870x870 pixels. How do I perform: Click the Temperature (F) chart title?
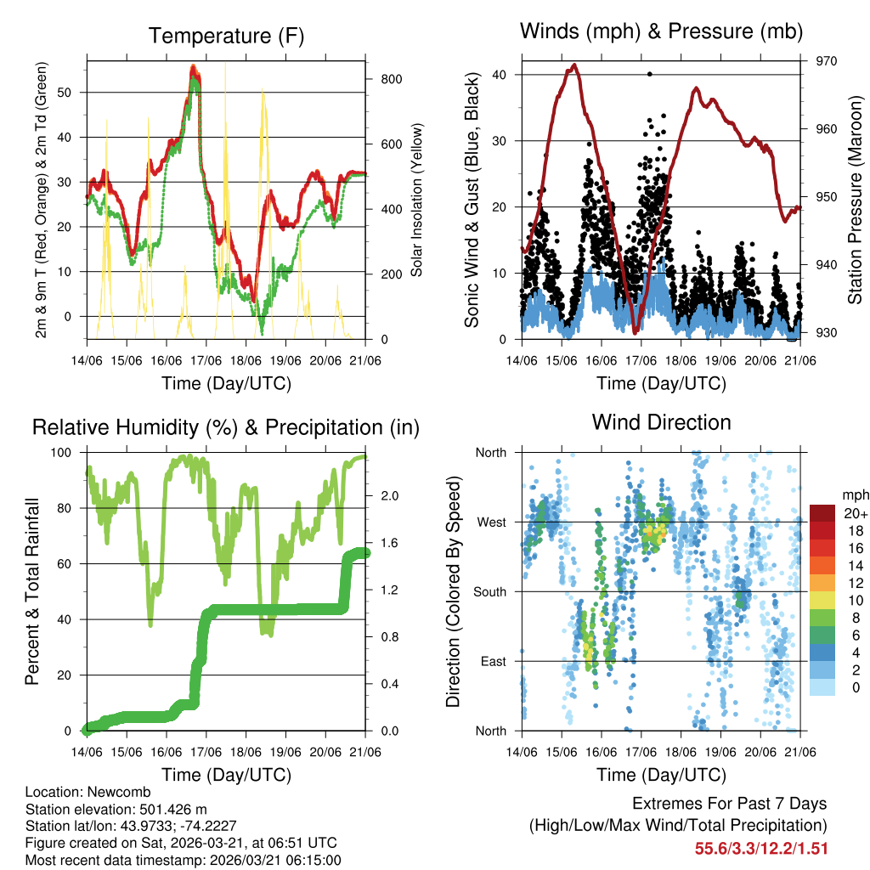coord(225,36)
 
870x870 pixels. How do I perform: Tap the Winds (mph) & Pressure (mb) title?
coord(661,31)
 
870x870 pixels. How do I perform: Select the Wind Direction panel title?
coord(661,421)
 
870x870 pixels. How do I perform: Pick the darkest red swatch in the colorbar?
coord(824,513)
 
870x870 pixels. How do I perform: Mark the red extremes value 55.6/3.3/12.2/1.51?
coord(761,848)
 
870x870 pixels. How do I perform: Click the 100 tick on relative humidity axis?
coord(66,452)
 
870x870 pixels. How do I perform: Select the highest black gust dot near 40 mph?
coord(650,74)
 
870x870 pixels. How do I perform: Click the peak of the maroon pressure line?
coord(575,65)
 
